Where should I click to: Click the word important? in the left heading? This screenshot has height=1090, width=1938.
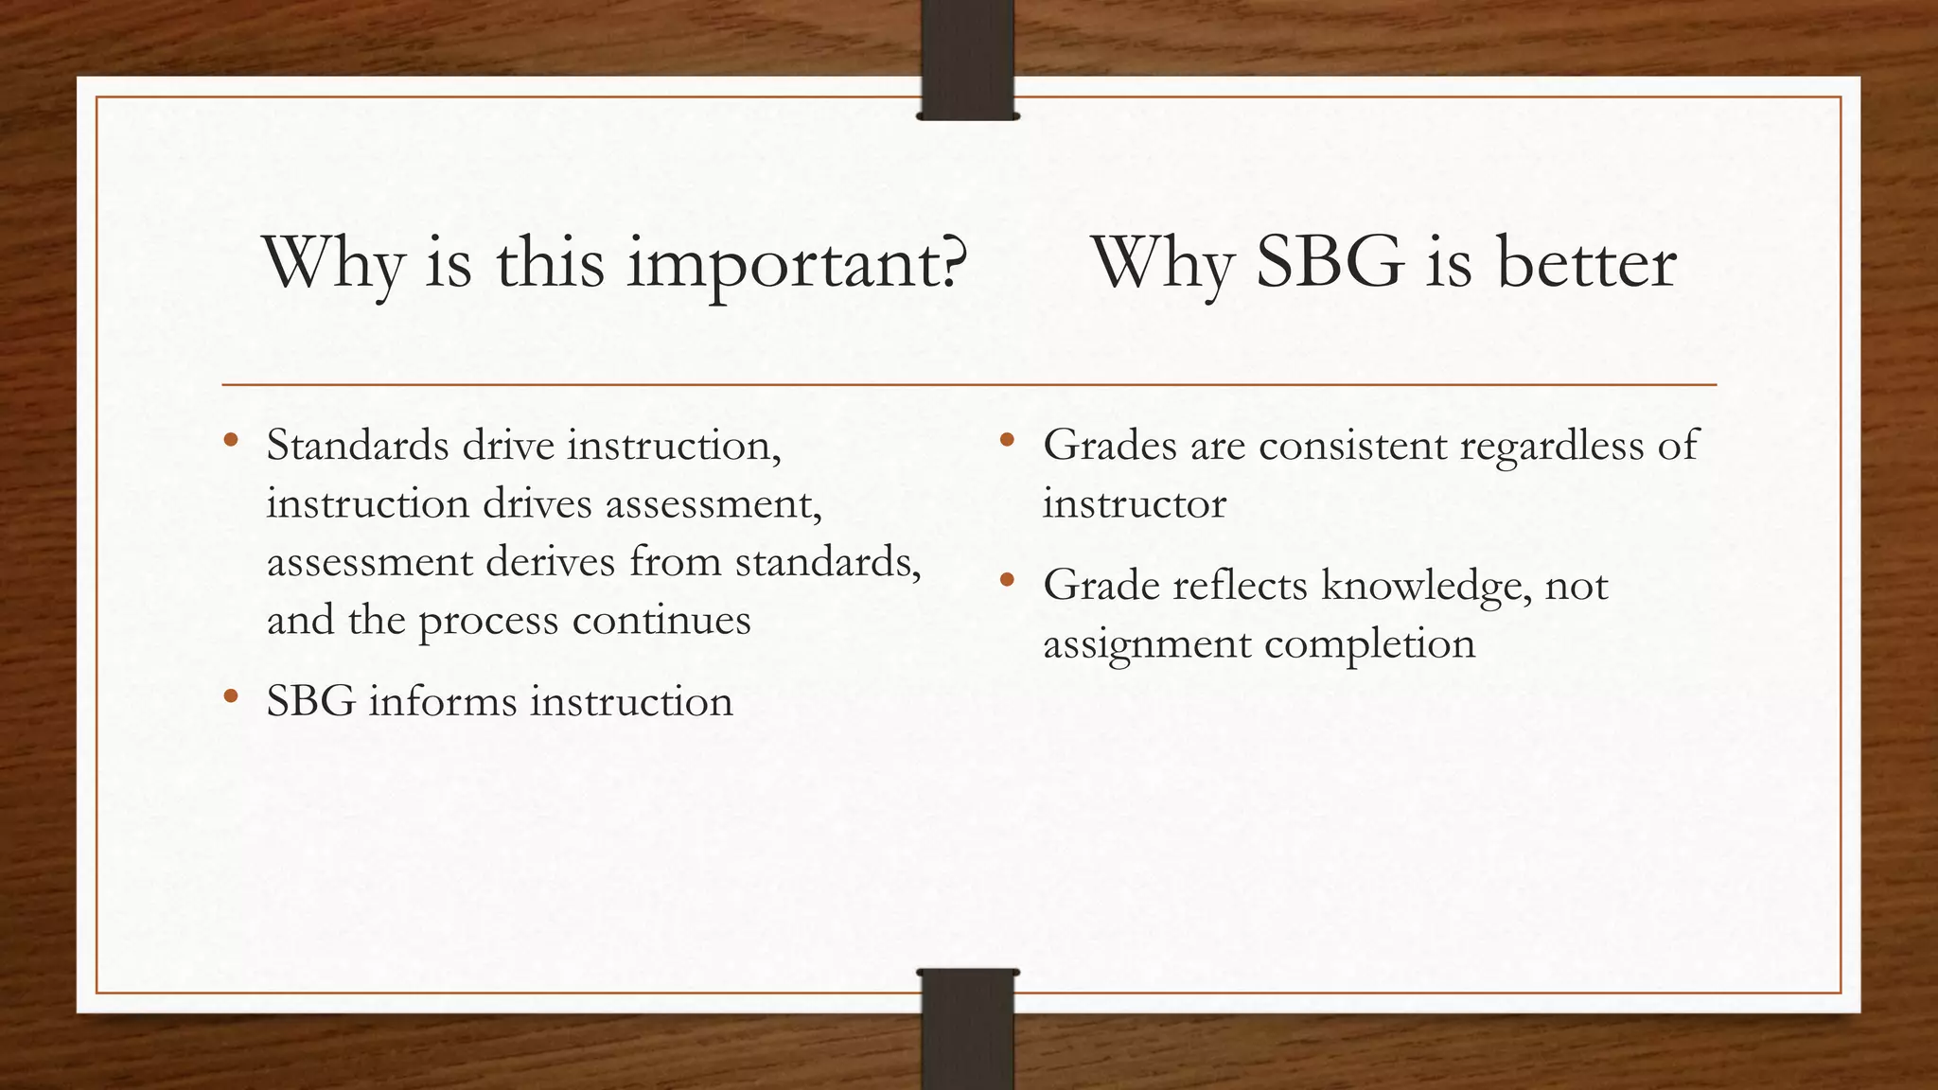pos(797,266)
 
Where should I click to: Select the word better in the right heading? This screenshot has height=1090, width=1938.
pos(1586,264)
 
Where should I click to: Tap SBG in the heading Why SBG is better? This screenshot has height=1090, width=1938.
pos(1329,264)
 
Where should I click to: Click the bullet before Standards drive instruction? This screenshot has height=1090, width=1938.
pos(231,440)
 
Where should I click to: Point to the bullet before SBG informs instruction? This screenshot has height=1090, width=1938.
pos(231,697)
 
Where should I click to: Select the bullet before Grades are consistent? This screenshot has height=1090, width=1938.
pos(1007,440)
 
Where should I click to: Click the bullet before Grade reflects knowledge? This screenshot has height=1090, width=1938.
pos(1007,580)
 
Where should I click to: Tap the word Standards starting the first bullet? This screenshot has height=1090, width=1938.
pos(358,446)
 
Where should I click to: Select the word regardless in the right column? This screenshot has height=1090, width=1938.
pos(1551,447)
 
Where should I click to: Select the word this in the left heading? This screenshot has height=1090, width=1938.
pos(550,264)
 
